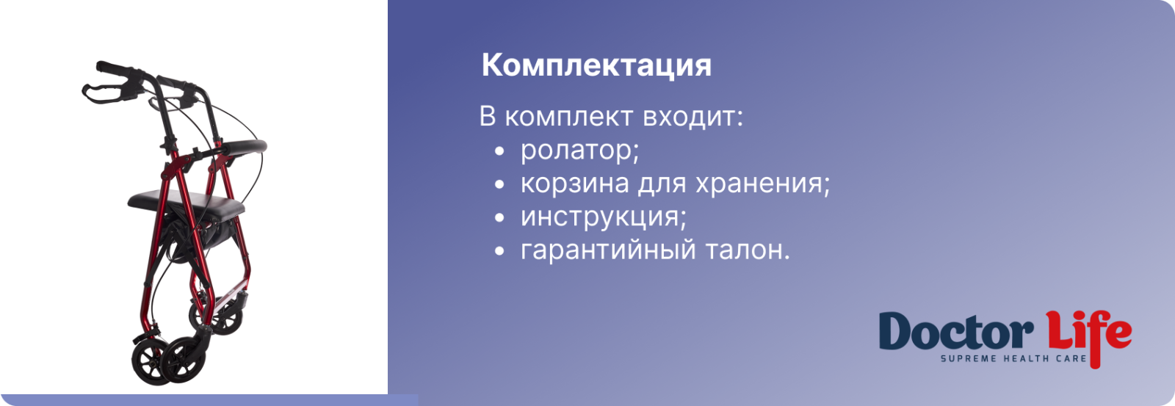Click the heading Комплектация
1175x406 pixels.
point(596,65)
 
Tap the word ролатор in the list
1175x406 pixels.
point(579,151)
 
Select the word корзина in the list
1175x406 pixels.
point(574,184)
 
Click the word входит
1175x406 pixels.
point(693,117)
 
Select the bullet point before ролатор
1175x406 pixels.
point(499,152)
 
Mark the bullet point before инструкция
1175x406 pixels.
point(499,218)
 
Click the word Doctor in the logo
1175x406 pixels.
point(955,330)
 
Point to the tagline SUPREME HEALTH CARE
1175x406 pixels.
point(1013,359)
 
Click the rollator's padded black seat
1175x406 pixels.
point(187,203)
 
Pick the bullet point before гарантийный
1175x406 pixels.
point(499,251)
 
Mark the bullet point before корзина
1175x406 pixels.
point(499,184)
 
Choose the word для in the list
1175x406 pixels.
point(662,184)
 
